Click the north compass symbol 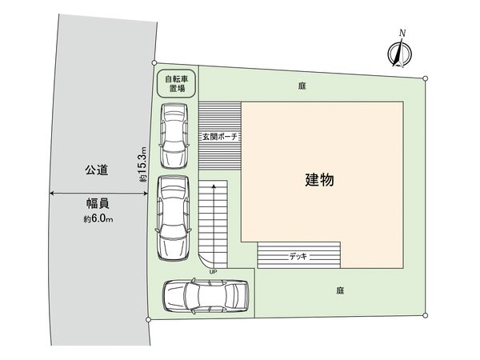(x=398, y=53)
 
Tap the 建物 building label (x=319, y=180)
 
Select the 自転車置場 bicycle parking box (x=176, y=84)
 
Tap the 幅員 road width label (x=98, y=204)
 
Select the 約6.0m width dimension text (x=98, y=219)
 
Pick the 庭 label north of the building (x=302, y=85)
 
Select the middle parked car (x=173, y=217)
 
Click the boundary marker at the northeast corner (x=426, y=78)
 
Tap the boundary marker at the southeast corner (x=426, y=314)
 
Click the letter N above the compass (x=402, y=34)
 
